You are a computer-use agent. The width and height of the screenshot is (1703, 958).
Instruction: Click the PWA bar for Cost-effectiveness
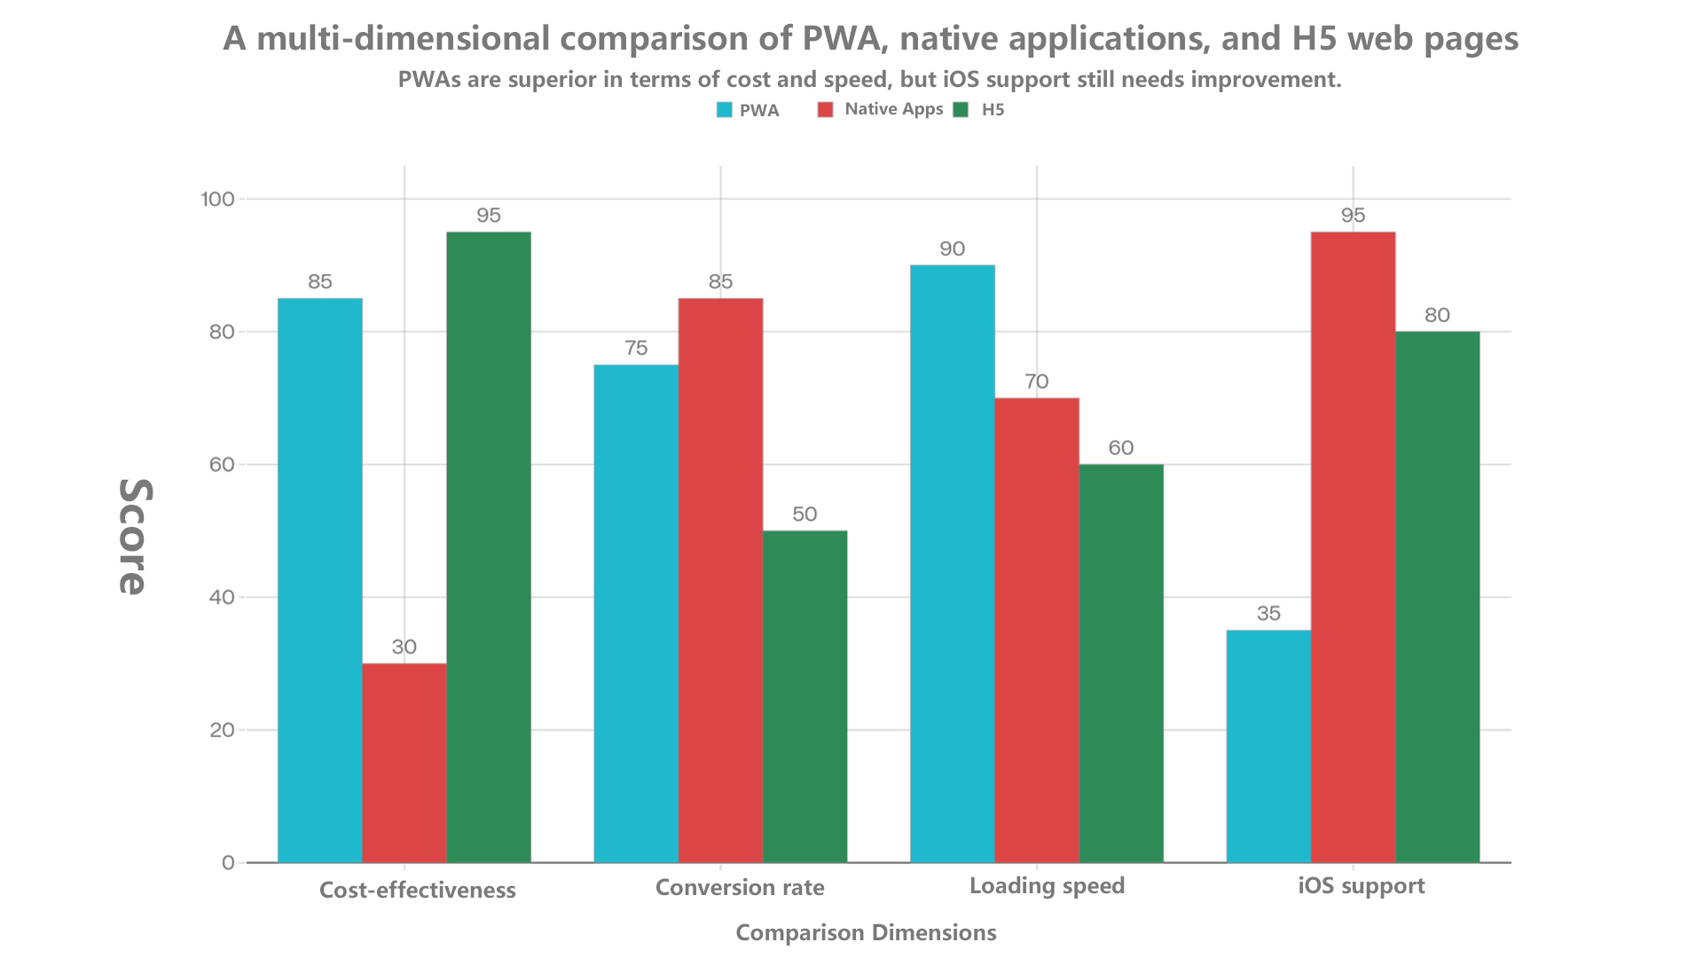319,580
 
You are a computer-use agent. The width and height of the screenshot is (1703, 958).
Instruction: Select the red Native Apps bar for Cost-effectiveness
404,763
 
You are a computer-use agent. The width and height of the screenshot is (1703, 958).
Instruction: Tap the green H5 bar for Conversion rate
804,696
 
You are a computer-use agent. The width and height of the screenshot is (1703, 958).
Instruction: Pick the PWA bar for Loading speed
952,563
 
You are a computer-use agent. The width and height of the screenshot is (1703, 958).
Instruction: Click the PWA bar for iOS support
1268,746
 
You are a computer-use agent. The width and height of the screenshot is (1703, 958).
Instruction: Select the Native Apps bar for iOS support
1353,546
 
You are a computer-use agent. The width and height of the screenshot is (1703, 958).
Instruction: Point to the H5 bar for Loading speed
1121,663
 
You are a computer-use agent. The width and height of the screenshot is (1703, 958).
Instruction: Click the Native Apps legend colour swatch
826,110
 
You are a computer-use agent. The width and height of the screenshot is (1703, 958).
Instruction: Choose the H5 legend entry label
993,110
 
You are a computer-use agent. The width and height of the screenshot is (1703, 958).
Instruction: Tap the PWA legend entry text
759,111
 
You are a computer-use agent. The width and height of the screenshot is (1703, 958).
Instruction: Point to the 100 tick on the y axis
217,199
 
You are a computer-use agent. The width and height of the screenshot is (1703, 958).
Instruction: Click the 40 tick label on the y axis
222,597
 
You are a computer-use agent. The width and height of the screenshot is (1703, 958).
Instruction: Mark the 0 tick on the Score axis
228,862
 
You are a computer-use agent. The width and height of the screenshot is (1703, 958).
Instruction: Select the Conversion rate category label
740,888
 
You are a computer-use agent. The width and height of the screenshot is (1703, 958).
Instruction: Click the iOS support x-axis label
1362,886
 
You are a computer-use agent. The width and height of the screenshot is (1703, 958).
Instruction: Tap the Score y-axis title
134,536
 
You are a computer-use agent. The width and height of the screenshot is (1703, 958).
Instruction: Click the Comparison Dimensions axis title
866,933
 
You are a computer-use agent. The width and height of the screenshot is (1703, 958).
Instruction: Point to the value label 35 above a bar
1268,613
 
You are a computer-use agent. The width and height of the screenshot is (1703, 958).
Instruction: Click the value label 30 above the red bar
404,647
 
